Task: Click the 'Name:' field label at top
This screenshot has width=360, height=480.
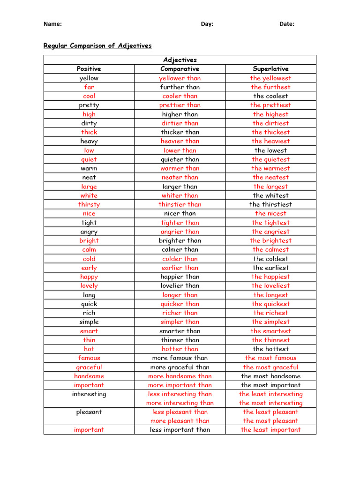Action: pos(52,24)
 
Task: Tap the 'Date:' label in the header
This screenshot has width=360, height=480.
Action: pos(287,24)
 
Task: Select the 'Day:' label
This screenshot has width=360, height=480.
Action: pos(207,24)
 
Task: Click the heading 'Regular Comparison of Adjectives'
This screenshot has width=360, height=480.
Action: pos(97,45)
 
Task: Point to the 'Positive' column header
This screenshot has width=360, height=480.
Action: pos(89,69)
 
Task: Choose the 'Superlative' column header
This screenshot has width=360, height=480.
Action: pos(270,69)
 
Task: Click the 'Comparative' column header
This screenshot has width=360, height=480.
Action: pos(180,69)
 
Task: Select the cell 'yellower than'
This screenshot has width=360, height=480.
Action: pos(180,78)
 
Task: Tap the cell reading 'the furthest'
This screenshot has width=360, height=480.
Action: pos(270,87)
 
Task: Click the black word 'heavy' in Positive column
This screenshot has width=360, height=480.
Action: pos(89,141)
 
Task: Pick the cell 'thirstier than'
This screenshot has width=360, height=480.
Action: pos(180,204)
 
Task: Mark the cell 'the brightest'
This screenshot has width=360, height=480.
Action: pos(270,240)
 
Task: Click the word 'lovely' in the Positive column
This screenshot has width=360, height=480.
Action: pos(89,285)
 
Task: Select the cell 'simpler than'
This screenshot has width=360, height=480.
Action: pos(180,322)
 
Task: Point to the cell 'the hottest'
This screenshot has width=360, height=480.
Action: pos(270,349)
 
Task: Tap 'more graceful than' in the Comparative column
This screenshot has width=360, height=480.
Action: pos(180,367)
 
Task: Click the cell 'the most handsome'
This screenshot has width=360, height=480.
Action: pos(270,376)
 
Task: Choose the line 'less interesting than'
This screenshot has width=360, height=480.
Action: pos(180,394)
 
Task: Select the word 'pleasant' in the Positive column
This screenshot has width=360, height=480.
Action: pos(89,412)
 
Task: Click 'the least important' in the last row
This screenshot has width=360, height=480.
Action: pos(270,430)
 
